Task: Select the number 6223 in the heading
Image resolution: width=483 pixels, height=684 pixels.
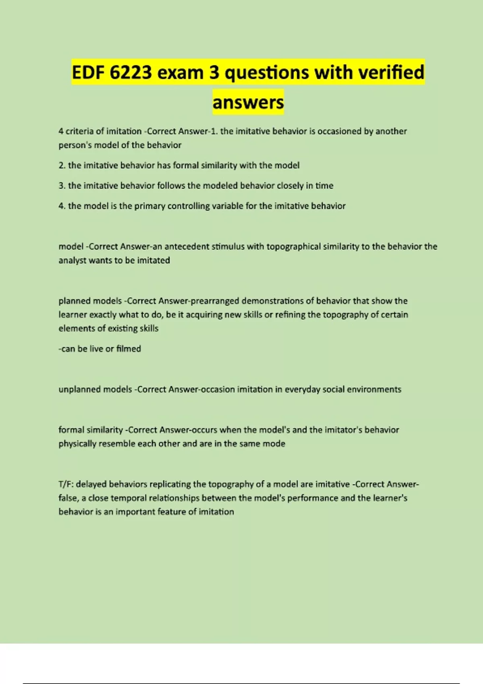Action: (130, 73)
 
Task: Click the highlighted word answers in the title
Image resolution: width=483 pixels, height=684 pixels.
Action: (248, 103)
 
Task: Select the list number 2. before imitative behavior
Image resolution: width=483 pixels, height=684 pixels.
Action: (62, 165)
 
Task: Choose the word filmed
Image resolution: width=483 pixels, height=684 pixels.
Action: (128, 349)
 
